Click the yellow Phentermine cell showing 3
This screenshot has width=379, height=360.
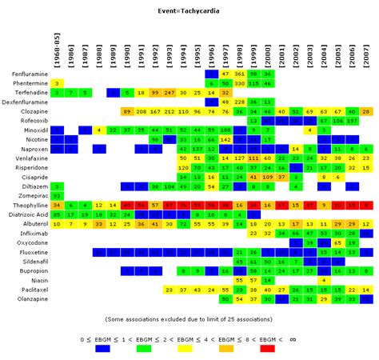[x=57, y=83]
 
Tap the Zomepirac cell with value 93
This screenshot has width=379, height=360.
[x=57, y=195]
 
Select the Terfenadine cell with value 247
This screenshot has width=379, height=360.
[x=169, y=93]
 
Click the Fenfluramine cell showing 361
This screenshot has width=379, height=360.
[x=239, y=74]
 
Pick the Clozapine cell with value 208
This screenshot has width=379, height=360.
[x=141, y=111]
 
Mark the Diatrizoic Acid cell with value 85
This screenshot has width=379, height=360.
[x=57, y=214]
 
